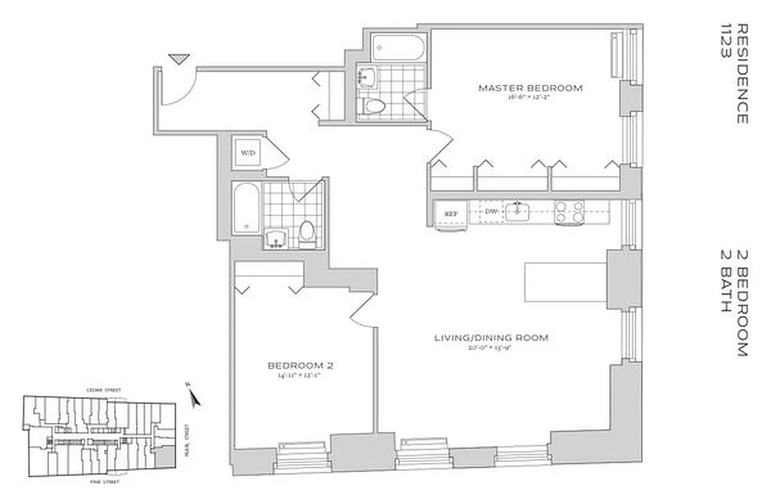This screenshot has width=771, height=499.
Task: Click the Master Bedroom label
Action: [530, 88]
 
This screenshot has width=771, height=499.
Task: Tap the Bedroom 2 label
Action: [300, 366]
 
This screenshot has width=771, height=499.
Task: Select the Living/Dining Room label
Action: [491, 338]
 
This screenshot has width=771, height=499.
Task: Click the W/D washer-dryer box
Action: [248, 153]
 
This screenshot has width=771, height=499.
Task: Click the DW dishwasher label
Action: [491, 212]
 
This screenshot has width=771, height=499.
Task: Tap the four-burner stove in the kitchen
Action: [570, 212]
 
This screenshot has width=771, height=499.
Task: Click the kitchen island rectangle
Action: [565, 282]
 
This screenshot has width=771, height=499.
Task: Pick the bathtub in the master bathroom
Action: [398, 47]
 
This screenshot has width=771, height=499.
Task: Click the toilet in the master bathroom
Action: [375, 105]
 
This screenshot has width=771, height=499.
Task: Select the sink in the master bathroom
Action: [368, 77]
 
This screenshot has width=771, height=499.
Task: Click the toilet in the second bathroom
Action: [307, 233]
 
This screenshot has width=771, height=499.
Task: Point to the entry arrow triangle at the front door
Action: [179, 59]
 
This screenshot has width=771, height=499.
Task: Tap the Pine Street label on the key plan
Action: [100, 482]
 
